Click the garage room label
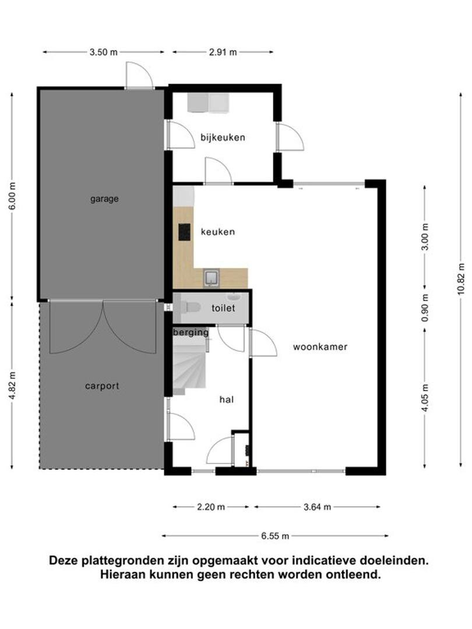click(104, 199)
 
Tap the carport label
click(102, 386)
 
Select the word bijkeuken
click(223, 137)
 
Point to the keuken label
click(218, 232)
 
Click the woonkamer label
click(320, 347)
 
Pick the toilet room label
click(223, 308)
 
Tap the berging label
click(191, 333)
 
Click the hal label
click(226, 400)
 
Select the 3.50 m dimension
click(104, 52)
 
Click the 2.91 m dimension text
click(223, 52)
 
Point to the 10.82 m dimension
click(461, 279)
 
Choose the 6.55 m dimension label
click(275, 536)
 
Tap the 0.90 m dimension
click(425, 308)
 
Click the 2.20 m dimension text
click(211, 507)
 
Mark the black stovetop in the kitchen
click(185, 232)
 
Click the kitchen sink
click(211, 278)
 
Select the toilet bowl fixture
click(190, 308)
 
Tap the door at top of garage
click(140, 75)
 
